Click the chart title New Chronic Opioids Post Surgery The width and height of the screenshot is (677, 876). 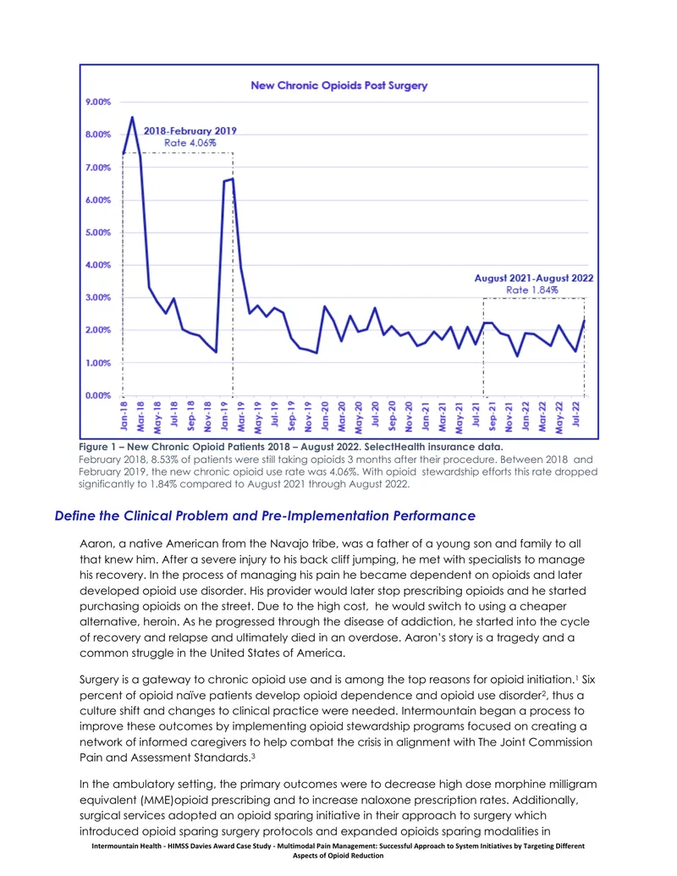[x=338, y=85]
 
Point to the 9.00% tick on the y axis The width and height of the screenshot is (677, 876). [x=98, y=102]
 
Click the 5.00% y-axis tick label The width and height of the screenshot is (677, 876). [x=98, y=233]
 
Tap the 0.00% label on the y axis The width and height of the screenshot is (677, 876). [x=98, y=395]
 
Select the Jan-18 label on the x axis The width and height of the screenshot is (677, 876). [x=124, y=416]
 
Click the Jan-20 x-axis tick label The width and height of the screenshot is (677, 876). [x=324, y=416]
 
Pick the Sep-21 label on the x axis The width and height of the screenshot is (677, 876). [x=493, y=416]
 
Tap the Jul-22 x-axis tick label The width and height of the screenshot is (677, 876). [x=576, y=414]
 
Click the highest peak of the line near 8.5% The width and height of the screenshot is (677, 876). [x=132, y=118]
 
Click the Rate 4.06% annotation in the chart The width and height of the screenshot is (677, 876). [x=190, y=143]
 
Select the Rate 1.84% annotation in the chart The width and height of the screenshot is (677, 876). [x=531, y=290]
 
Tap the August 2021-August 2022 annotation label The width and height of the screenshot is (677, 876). [x=534, y=278]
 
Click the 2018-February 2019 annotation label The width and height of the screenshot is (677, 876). [x=190, y=130]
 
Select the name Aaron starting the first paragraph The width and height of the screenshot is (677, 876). [x=96, y=543]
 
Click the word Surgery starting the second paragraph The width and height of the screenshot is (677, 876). [x=99, y=680]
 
